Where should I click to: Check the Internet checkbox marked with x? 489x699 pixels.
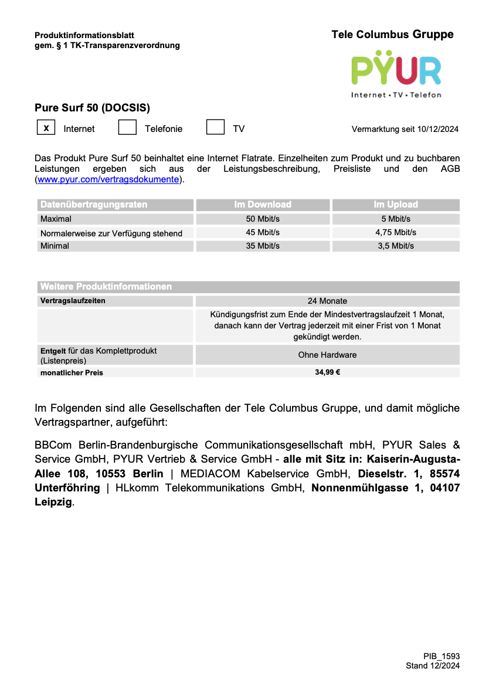point(46,127)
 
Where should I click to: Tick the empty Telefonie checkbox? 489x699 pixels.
point(127,127)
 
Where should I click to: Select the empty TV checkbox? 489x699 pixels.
point(215,127)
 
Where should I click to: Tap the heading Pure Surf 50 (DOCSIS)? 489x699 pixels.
point(93,108)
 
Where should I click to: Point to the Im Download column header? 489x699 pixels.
point(263,205)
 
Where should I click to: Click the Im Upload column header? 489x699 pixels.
point(396,205)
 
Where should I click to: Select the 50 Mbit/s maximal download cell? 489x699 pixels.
point(263,219)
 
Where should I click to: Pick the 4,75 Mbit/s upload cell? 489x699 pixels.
point(396,233)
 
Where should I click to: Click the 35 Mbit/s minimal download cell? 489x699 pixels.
point(263,246)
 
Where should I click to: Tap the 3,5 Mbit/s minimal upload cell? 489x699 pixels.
point(396,246)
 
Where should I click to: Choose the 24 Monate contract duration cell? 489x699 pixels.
point(327,301)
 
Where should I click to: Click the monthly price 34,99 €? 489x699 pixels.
point(327,372)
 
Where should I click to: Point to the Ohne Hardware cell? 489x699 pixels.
point(327,355)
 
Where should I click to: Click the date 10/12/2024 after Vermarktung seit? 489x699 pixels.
point(438,129)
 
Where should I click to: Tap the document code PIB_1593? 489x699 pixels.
point(442,656)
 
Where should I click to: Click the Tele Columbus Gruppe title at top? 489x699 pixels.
point(392,35)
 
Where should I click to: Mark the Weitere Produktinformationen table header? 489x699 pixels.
point(106,287)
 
